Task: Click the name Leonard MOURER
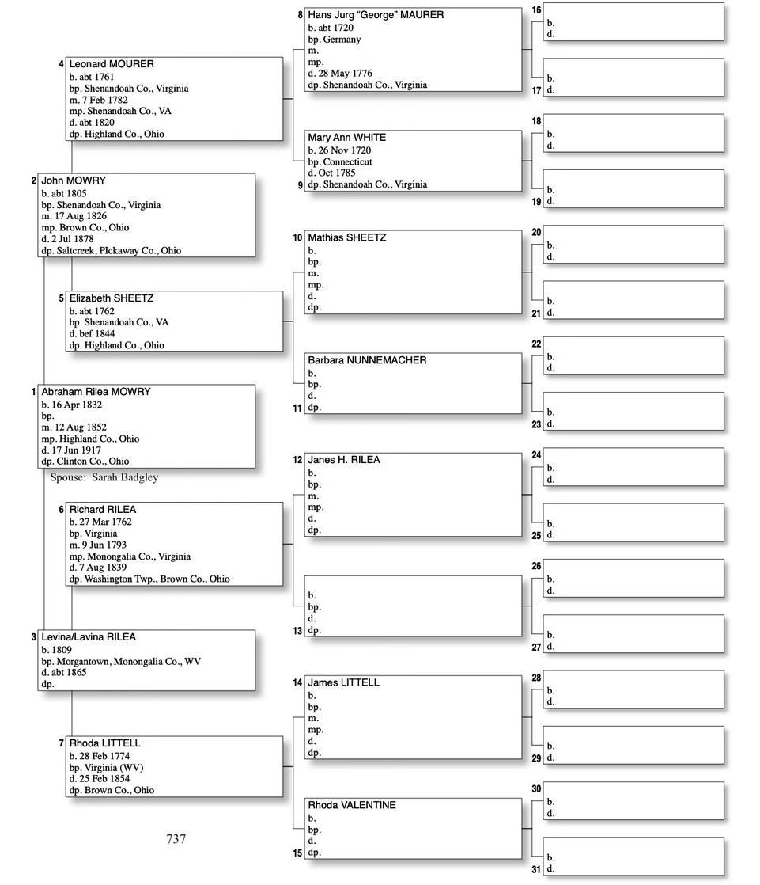[x=112, y=64]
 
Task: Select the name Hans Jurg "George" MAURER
[x=376, y=15]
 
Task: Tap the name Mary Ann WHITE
[x=346, y=138]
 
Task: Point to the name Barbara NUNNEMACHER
[x=367, y=360]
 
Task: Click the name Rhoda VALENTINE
[x=352, y=805]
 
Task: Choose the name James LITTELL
[x=343, y=682]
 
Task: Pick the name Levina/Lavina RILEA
[x=89, y=637]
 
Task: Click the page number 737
[x=176, y=839]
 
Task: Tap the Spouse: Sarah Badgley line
[x=104, y=477]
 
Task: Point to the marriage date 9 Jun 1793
[x=102, y=545]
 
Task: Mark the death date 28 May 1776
[x=345, y=74]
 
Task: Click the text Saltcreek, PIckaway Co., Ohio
[x=119, y=250]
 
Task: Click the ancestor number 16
[x=536, y=10]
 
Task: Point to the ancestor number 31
[x=536, y=870]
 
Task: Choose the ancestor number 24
[x=536, y=455]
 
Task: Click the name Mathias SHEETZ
[x=346, y=237]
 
